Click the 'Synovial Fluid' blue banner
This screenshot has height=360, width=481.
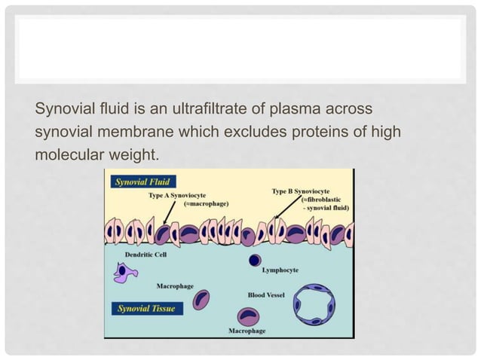tap(142, 181)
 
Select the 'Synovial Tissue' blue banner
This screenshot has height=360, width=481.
tap(144, 307)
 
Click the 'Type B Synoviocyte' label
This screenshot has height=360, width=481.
tap(301, 191)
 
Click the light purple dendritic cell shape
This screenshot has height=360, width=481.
tap(121, 272)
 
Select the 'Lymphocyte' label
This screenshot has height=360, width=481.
tap(280, 270)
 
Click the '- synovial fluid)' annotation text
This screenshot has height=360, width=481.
tap(330, 207)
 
